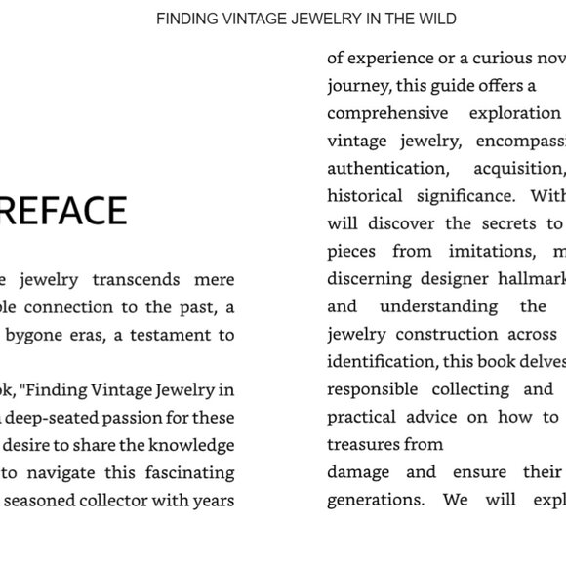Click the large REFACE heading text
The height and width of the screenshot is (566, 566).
point(63,211)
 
